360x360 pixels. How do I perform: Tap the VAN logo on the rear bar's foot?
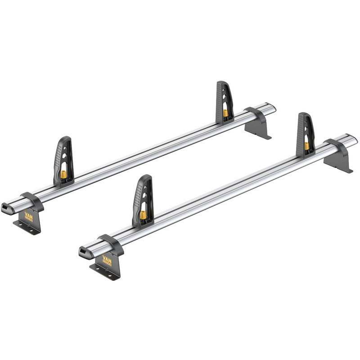click(x=30, y=215)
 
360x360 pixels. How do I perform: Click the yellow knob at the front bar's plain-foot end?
click(x=306, y=145)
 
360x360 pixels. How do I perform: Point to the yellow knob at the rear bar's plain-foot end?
click(x=224, y=112)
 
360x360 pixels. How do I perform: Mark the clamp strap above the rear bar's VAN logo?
click(x=29, y=198)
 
